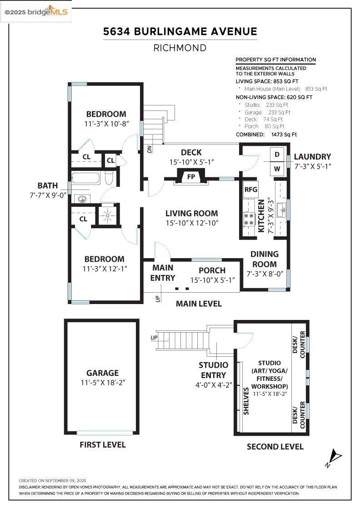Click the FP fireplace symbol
pos(191,176)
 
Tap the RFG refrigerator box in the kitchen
pos(250,189)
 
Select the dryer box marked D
pos(277,155)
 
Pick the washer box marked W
pos(277,169)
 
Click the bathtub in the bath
pos(85,178)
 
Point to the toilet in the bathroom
pos(109,178)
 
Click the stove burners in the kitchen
pos(249,219)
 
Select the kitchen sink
pos(280,207)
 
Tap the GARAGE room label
pos(102,373)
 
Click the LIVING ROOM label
pos(191,213)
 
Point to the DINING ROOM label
pos(265,259)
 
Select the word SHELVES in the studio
pos(246,401)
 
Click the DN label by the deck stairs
pos(150,149)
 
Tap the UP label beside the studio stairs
pos(154,338)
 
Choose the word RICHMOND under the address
pos(180,48)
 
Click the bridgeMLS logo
pos(36,12)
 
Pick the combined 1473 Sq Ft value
pos(284,135)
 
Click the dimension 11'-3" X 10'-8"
pos(106,124)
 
